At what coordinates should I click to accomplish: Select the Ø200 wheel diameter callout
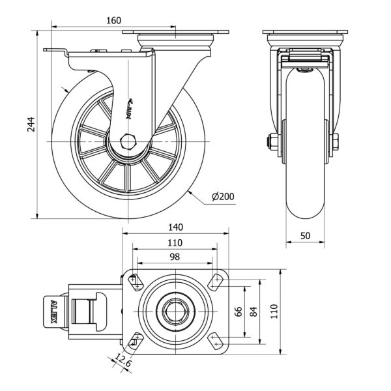pos(224,197)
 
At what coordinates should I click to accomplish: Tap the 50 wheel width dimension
pos(306,235)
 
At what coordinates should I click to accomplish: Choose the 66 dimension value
pos(239,311)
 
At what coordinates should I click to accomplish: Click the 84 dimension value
pos(253,311)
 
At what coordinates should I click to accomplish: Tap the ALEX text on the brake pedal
pos(54,311)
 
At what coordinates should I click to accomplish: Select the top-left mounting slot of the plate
pos(136,282)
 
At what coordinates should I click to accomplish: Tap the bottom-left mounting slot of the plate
pos(136,339)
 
